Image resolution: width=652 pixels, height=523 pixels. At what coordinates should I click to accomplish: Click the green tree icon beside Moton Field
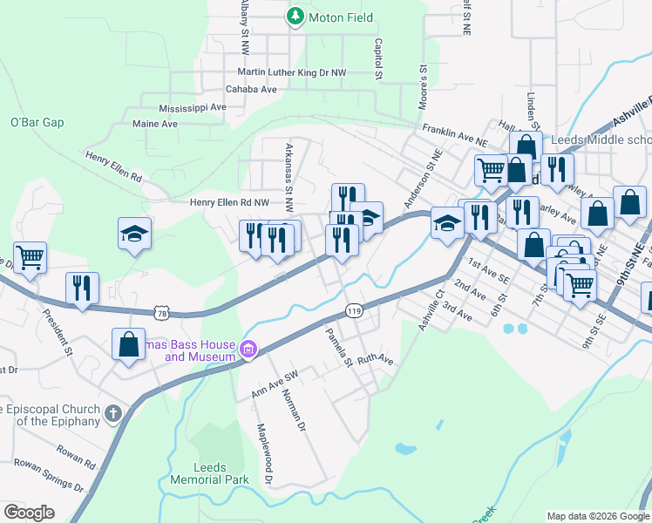296,17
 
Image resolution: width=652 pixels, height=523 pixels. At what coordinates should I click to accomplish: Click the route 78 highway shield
160,310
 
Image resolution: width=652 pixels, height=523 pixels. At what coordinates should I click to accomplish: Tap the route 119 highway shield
353,310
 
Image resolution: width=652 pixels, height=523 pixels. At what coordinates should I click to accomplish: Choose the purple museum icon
248,350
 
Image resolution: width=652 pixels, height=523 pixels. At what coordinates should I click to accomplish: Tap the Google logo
30,512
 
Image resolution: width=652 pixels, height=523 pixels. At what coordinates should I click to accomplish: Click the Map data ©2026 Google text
597,516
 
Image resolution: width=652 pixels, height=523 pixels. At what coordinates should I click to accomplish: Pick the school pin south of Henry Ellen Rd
134,234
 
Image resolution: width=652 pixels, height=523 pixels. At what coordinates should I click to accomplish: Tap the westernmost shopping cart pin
30,257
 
